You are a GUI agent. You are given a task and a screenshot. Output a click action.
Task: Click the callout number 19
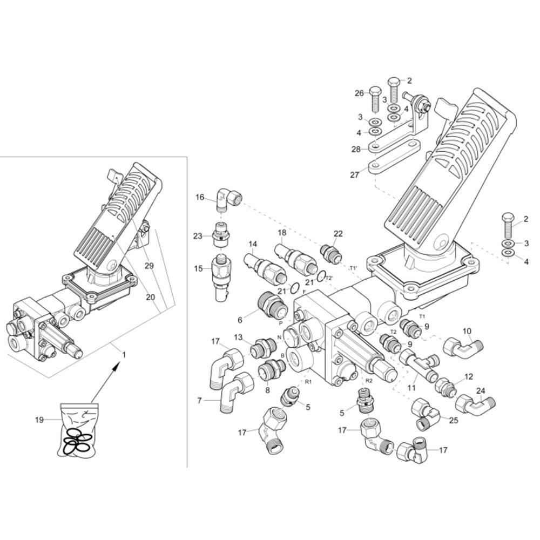[x=39, y=420]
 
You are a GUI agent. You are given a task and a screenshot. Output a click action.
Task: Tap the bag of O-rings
[x=77, y=430]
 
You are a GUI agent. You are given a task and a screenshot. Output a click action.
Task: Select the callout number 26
[x=359, y=93]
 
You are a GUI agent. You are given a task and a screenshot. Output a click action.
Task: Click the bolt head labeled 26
[x=375, y=91]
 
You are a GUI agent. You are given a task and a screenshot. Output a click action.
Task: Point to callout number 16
[x=200, y=197]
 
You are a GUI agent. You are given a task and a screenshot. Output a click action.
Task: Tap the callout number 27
[x=355, y=175]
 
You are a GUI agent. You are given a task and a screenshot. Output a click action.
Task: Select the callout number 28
[x=356, y=149]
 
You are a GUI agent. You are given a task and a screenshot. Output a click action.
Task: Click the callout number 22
[x=338, y=233]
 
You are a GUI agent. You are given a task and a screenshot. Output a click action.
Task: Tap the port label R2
[x=369, y=381]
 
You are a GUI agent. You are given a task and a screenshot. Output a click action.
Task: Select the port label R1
[x=308, y=382]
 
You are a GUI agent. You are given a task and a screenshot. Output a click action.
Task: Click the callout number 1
[x=124, y=354]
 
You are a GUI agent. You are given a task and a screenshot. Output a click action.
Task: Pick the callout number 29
[x=149, y=266]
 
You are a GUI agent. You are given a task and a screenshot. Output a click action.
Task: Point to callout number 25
[x=454, y=420]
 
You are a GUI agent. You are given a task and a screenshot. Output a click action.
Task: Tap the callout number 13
[x=238, y=337]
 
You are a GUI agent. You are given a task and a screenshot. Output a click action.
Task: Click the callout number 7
[x=199, y=401]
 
